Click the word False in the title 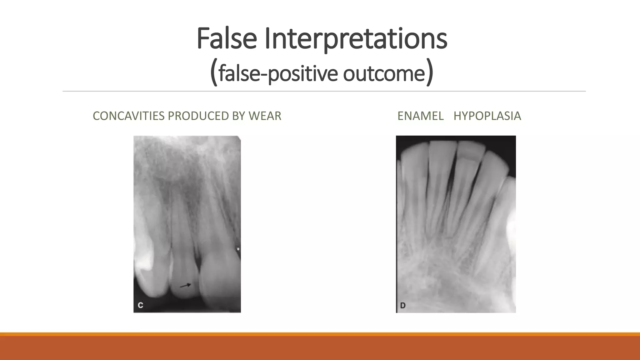pyautogui.click(x=227, y=39)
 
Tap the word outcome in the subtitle pyautogui.click(x=384, y=74)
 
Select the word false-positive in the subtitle pyautogui.click(x=278, y=74)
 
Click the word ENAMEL pyautogui.click(x=420, y=116)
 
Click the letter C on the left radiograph pyautogui.click(x=140, y=305)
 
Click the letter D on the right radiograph pyautogui.click(x=403, y=305)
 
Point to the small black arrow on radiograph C pyautogui.click(x=186, y=285)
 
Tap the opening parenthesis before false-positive pyautogui.click(x=214, y=74)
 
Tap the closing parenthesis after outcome pyautogui.click(x=430, y=74)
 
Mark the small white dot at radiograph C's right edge pyautogui.click(x=238, y=249)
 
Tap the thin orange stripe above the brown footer pyautogui.click(x=320, y=334)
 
